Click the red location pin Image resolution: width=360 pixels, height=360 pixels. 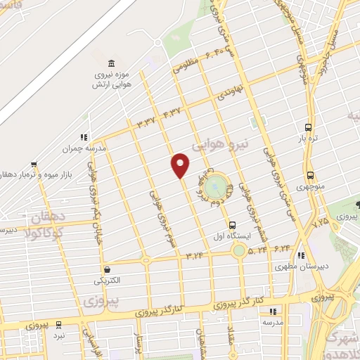pos(181,165)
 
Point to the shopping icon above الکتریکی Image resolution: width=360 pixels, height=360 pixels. pos(106,269)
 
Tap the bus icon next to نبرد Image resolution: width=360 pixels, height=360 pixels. pos(58,325)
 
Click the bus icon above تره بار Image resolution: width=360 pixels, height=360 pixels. pos(308,127)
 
